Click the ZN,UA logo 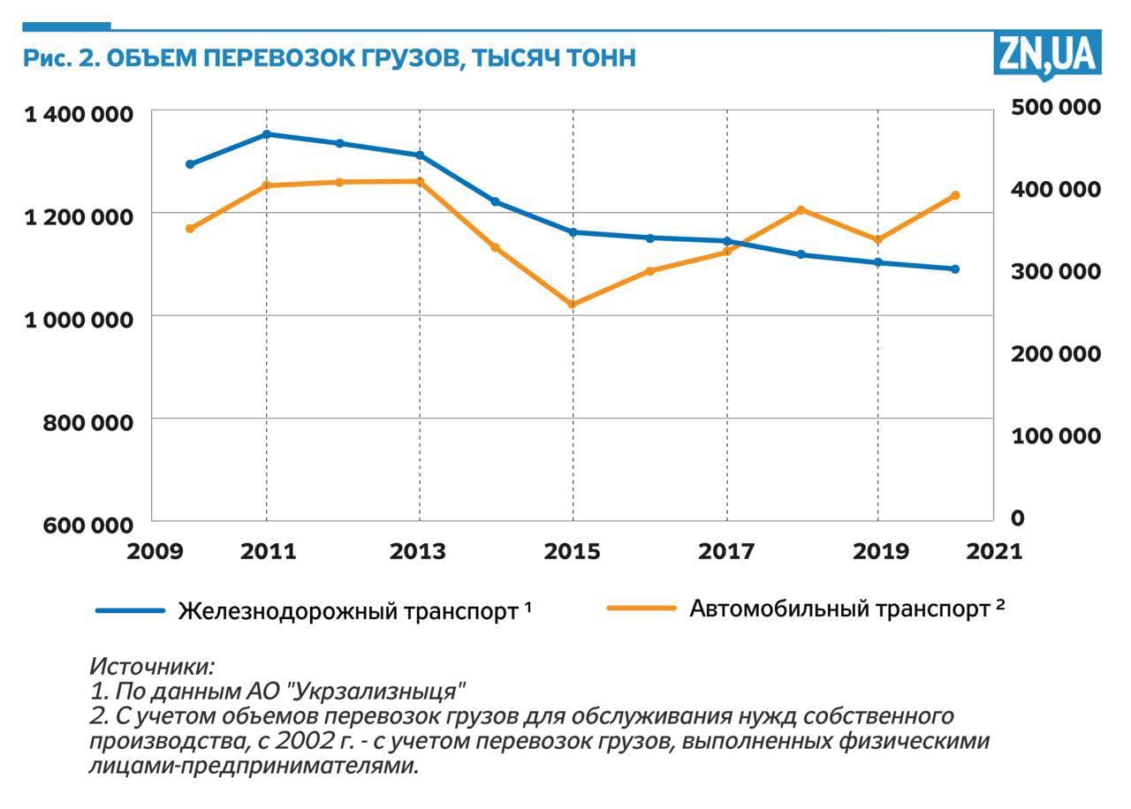point(1048,55)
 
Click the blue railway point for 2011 point(267,134)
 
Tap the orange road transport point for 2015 point(573,305)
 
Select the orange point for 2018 point(801,210)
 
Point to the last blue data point point(955,269)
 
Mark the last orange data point point(955,195)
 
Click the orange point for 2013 point(420,182)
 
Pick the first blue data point point(190,164)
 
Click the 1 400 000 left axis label point(79,115)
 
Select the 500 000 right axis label point(1057,107)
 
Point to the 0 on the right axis point(1018,518)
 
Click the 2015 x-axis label point(572,552)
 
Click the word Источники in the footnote point(152,666)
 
